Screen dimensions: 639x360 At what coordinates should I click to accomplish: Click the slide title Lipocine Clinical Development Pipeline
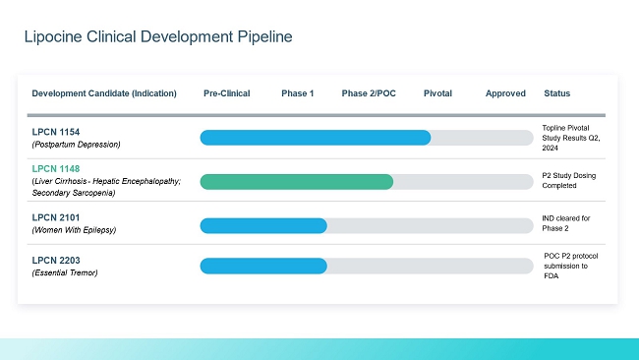click(158, 36)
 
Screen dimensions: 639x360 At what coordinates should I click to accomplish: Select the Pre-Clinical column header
click(226, 93)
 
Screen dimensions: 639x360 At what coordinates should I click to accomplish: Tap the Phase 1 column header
click(298, 93)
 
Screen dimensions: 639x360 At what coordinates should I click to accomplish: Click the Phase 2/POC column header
click(369, 93)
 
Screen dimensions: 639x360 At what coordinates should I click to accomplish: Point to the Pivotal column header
click(437, 93)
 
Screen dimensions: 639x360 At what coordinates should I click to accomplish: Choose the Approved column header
click(505, 93)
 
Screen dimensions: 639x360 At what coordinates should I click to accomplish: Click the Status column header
click(556, 93)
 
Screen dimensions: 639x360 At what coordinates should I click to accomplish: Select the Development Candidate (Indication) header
click(104, 93)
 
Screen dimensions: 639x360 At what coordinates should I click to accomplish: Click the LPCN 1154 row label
click(56, 132)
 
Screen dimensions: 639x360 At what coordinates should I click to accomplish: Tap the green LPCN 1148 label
click(56, 169)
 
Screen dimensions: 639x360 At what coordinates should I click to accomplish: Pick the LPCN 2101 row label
click(56, 217)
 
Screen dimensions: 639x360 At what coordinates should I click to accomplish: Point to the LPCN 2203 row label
click(56, 261)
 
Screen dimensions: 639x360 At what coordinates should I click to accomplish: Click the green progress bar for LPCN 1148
click(297, 182)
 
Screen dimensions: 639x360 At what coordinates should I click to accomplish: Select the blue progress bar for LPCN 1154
click(316, 138)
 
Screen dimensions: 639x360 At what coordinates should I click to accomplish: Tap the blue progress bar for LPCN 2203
click(263, 266)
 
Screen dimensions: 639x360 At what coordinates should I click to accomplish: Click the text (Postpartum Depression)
click(77, 145)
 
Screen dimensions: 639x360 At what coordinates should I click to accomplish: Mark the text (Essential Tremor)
click(65, 272)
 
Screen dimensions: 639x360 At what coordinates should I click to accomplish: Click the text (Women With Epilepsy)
click(74, 230)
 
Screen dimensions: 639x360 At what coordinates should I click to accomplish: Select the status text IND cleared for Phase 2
click(566, 223)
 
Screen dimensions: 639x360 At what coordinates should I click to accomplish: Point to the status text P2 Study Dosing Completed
click(569, 181)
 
